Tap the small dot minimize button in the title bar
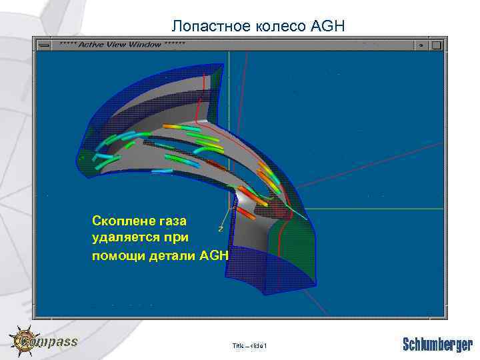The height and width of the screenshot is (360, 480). pos(421,44)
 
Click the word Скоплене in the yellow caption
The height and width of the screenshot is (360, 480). pos(122,221)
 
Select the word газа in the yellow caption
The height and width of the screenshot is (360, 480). pos(171,221)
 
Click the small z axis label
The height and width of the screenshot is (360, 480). pos(221,229)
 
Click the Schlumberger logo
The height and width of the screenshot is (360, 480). pos(437,344)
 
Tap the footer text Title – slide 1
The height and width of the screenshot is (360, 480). pos(249,345)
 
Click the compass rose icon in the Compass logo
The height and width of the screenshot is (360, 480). pos(24,341)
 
